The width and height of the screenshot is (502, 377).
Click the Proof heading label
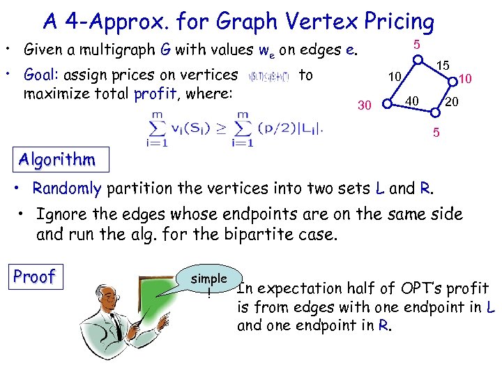coord(34,276)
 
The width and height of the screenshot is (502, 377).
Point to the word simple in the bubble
coord(208,279)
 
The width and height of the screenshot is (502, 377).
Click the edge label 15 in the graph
coord(441,65)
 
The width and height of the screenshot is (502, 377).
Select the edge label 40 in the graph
coord(412,102)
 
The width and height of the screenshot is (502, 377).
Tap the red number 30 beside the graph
coord(364,105)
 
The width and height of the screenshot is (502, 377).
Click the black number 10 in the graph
coord(395,75)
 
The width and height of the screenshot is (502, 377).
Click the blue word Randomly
coord(67,188)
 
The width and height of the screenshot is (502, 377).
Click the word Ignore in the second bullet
coord(60,214)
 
